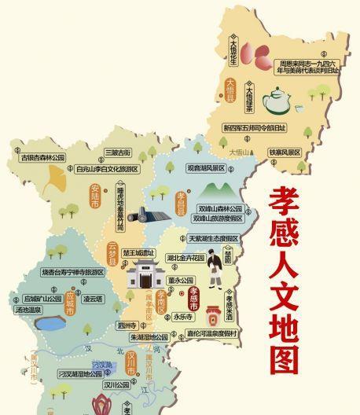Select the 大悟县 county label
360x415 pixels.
coord(231,85)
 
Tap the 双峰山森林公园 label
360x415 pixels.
coord(220,208)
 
